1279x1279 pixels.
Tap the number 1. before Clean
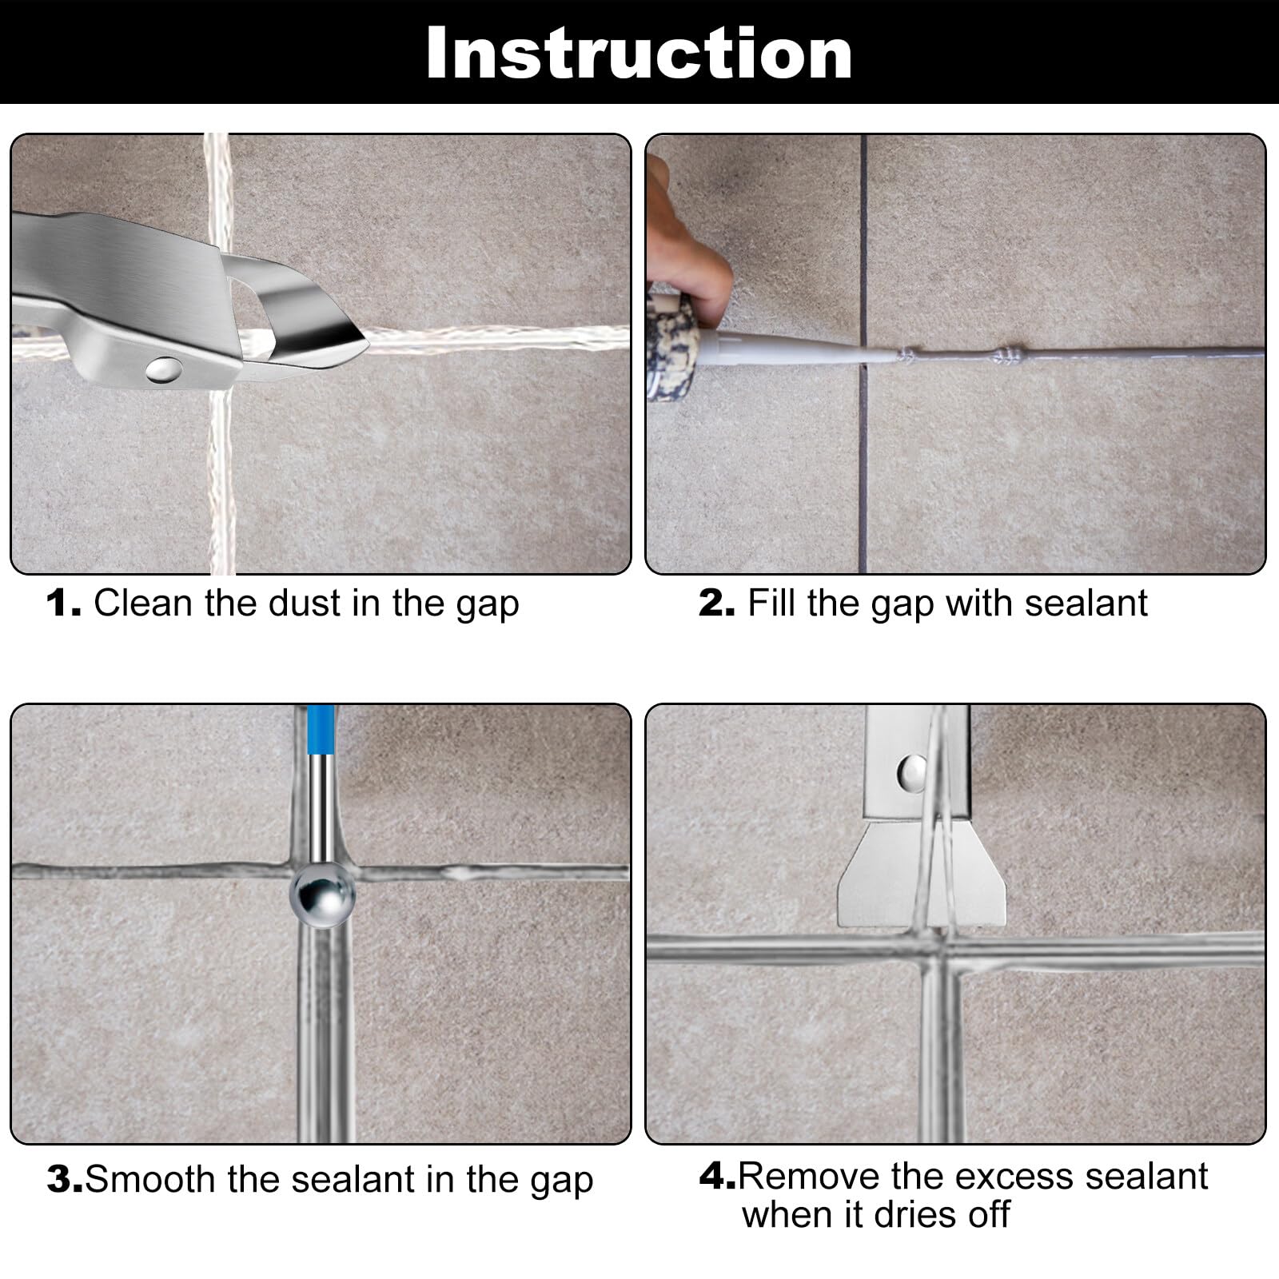pyautogui.click(x=64, y=604)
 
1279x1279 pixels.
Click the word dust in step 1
pyautogui.click(x=305, y=603)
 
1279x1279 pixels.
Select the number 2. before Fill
pyautogui.click(x=716, y=604)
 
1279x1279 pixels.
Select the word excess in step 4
pyautogui.click(x=1010, y=1176)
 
